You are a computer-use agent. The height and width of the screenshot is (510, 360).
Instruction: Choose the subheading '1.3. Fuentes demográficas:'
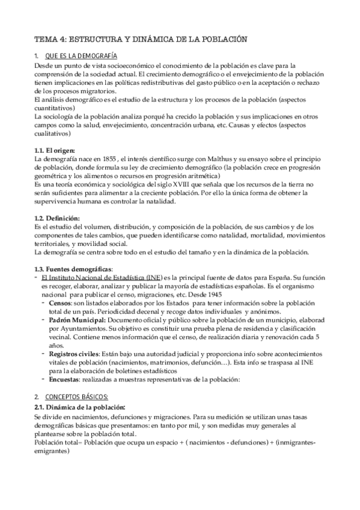click(x=73, y=269)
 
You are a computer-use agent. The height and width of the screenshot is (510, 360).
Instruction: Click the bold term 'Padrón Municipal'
click(x=77, y=322)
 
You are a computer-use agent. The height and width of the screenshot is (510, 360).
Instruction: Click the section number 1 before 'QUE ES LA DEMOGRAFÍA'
click(x=36, y=55)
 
